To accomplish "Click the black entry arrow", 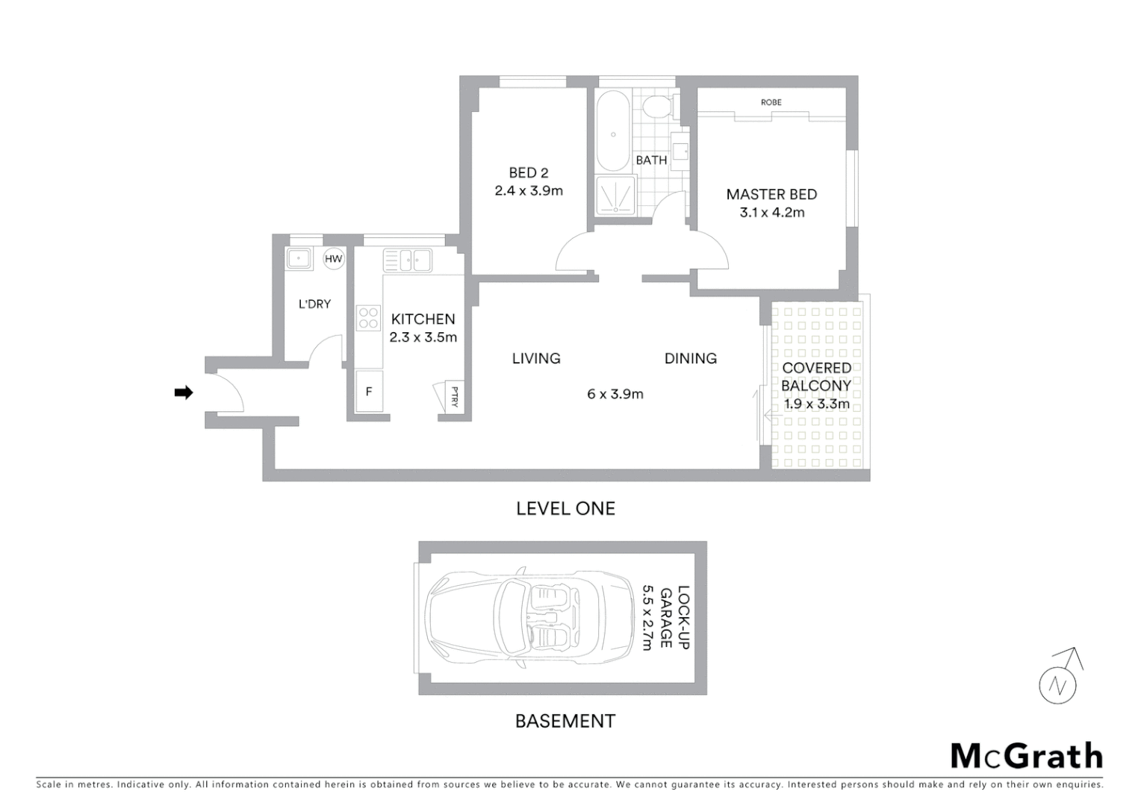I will (x=183, y=393).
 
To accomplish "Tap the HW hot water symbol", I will (x=333, y=259).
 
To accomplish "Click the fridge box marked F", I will (x=369, y=391).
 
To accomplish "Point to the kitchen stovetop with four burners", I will (x=368, y=318).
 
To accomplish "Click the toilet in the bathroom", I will (x=657, y=107).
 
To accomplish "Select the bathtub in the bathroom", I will (x=613, y=132).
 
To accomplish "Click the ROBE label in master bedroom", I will (x=771, y=102).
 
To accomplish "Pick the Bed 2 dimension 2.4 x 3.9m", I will (x=529, y=191).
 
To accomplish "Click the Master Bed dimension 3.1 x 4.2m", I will (x=772, y=213).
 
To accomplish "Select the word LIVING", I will (x=536, y=359).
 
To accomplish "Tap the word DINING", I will (x=691, y=359).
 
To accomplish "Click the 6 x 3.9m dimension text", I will (x=615, y=394).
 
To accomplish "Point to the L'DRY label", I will (x=314, y=304).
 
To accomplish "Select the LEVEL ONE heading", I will (x=565, y=509).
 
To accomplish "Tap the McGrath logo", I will (x=1026, y=756).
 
